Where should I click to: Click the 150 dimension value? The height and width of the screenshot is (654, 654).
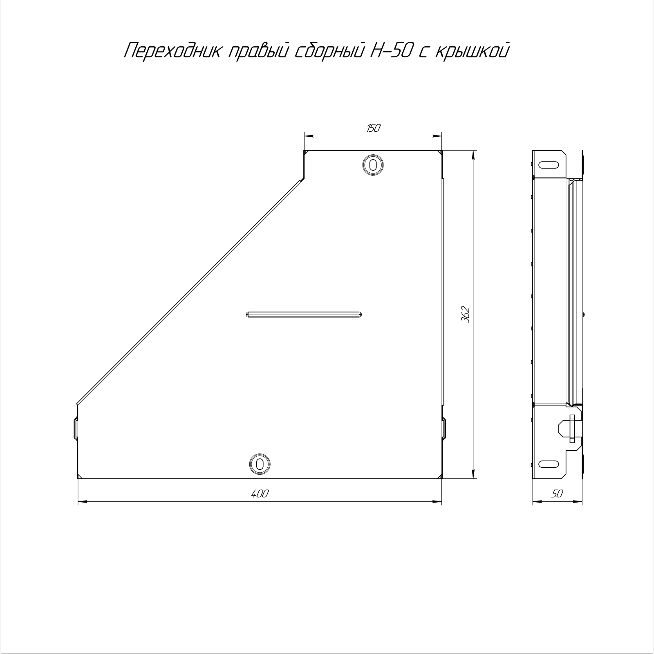373,128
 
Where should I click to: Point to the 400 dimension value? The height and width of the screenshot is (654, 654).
260,494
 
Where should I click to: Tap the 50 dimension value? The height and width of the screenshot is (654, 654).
557,494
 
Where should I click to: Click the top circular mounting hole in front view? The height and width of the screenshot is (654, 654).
373,165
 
